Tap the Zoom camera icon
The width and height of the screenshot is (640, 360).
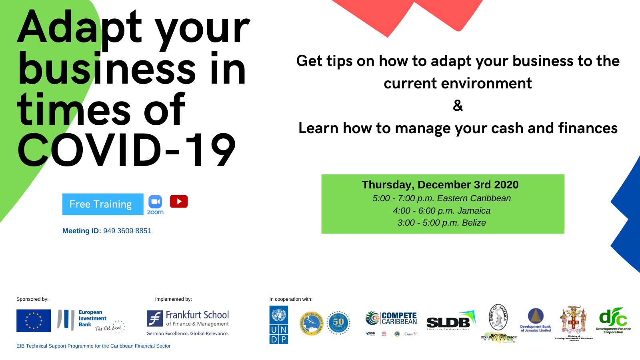[x=155, y=202]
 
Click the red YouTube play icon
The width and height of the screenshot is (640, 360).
[x=178, y=202]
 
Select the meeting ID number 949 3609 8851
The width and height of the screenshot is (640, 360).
[x=127, y=231]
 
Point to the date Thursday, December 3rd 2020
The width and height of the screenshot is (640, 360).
[x=440, y=185]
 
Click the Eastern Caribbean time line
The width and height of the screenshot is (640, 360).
[x=442, y=198]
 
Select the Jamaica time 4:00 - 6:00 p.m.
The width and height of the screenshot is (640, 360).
[x=442, y=211]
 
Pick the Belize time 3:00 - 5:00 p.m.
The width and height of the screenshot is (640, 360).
[x=442, y=223]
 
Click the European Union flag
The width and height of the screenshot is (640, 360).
[x=34, y=321]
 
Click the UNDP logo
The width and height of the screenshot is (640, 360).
[x=279, y=325]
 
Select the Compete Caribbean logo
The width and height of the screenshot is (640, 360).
[x=391, y=319]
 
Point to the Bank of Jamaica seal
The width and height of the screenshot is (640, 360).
[x=498, y=317]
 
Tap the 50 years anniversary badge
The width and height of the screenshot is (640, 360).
[x=338, y=322]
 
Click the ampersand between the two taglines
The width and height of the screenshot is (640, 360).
[x=458, y=106]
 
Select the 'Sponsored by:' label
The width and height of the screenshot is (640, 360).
[x=32, y=299]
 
